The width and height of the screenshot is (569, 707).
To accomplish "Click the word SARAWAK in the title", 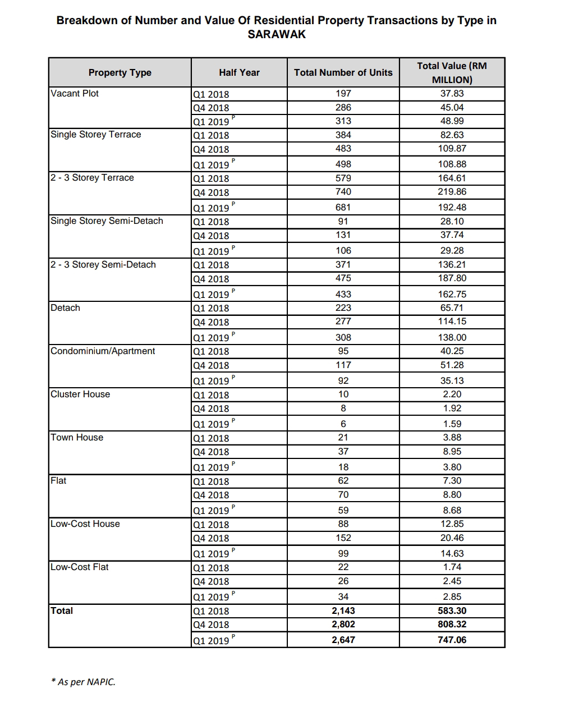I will (x=277, y=34).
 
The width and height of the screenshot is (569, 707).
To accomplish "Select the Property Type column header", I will (x=120, y=72).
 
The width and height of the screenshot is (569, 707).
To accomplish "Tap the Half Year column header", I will (x=239, y=72).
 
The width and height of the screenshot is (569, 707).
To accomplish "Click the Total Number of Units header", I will (x=343, y=72).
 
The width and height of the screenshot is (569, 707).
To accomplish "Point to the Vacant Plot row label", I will (x=75, y=93).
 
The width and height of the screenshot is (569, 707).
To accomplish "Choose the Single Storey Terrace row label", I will (x=96, y=135).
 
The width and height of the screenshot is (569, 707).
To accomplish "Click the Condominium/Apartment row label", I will (x=103, y=351).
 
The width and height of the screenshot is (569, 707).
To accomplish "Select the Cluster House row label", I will (x=80, y=394).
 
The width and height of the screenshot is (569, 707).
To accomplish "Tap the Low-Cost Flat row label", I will (x=80, y=567).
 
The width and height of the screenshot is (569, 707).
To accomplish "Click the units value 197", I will (x=343, y=94).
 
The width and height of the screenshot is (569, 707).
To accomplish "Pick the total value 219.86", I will (x=452, y=192).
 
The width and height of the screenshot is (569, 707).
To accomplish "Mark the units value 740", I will (x=343, y=192).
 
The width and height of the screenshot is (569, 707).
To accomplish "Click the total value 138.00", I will (x=452, y=337).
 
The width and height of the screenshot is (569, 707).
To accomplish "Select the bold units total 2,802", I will (x=343, y=625).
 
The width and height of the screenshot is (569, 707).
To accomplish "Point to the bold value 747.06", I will (x=452, y=640).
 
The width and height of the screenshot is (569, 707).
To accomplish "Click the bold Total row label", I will (x=62, y=610).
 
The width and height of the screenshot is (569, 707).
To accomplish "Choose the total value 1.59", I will (x=452, y=424).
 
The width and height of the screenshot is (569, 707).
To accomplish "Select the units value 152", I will (x=343, y=538).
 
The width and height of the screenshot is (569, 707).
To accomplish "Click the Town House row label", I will (x=77, y=438).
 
